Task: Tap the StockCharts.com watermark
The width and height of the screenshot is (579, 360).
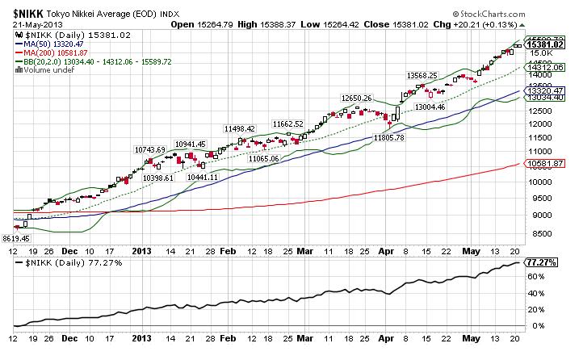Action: pyautogui.click(x=519, y=14)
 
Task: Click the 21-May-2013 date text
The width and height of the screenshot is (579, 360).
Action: pyautogui.click(x=31, y=24)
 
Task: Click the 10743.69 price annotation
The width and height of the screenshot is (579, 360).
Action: pyautogui.click(x=150, y=149)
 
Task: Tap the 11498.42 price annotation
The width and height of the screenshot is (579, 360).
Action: pyautogui.click(x=240, y=128)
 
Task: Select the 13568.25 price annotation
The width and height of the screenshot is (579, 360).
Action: pyautogui.click(x=422, y=76)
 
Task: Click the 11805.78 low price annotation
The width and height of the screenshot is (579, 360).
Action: pyautogui.click(x=388, y=138)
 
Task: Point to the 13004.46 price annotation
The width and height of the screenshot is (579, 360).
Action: pyautogui.click(x=430, y=106)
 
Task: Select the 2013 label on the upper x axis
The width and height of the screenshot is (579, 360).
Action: pyautogui.click(x=142, y=251)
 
